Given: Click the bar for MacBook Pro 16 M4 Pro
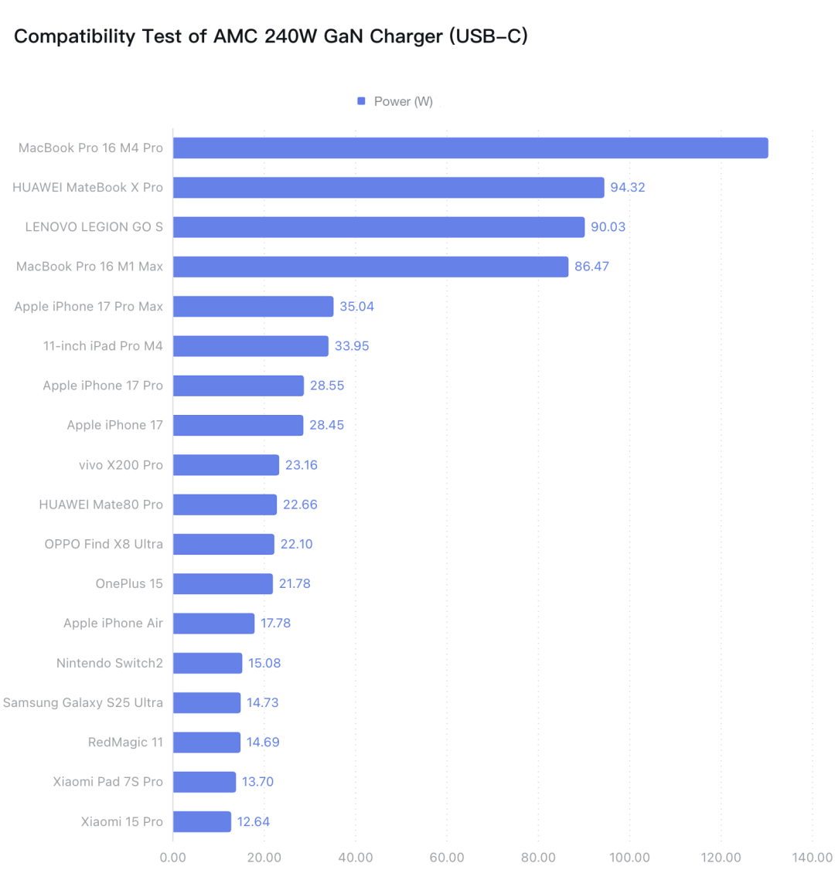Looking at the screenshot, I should (470, 148).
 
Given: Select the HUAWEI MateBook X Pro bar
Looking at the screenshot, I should (388, 188).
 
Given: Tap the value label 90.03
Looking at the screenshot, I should (608, 227).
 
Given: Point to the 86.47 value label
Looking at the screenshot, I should (591, 267).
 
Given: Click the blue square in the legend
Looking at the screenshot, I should (361, 101).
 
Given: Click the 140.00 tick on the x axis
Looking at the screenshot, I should (812, 857).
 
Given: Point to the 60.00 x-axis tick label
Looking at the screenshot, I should (446, 857).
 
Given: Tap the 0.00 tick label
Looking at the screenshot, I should (173, 857).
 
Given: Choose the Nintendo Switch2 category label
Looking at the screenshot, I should (110, 663).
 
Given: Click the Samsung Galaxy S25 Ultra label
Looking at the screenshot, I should (83, 702).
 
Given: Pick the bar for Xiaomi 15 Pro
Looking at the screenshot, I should (202, 821).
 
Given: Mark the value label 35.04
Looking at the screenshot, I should (356, 307).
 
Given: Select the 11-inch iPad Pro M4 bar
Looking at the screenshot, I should (250, 346).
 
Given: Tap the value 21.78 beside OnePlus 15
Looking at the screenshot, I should (295, 584).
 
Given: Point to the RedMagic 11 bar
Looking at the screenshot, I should (206, 742).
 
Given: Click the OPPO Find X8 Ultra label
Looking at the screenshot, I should (104, 544).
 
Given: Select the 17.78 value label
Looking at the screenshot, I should (275, 623).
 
